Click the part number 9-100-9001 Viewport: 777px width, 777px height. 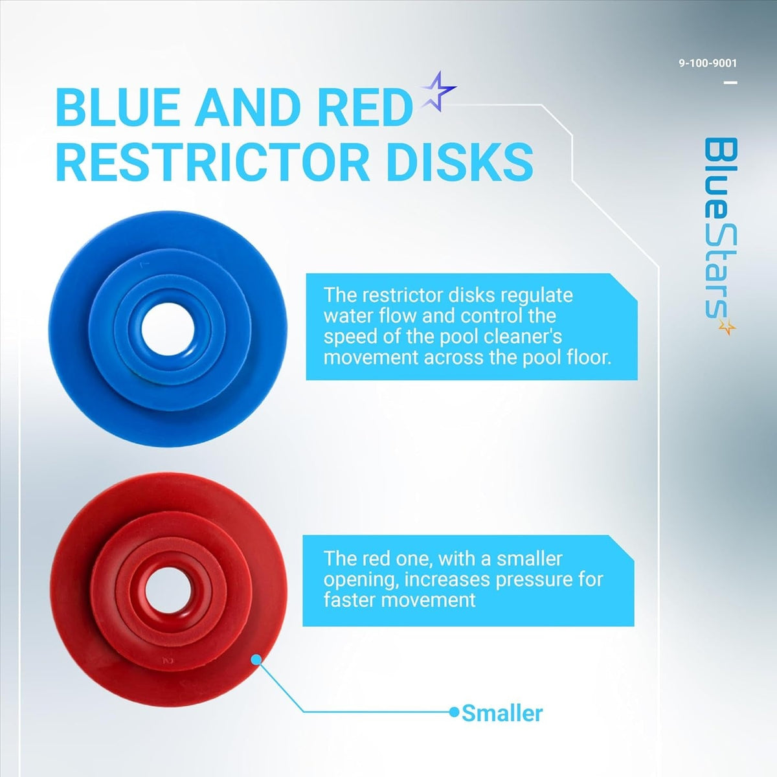click(708, 63)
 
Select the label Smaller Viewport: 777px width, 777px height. click(502, 714)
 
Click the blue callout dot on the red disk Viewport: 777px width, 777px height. click(256, 659)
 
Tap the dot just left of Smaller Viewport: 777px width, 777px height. click(454, 712)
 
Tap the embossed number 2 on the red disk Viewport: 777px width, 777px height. click(168, 660)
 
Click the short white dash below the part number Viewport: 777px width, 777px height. click(730, 83)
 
